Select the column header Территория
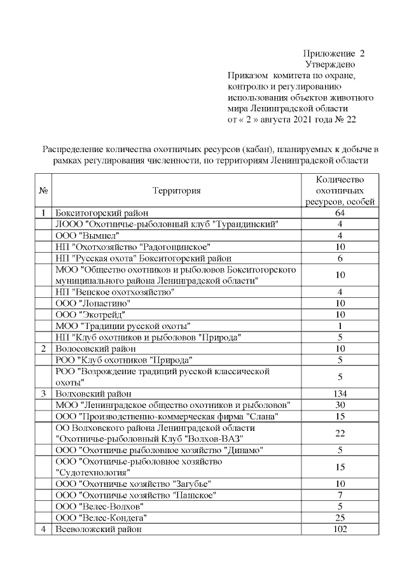click(176, 190)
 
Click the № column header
click(44, 190)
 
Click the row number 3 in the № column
click(44, 393)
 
